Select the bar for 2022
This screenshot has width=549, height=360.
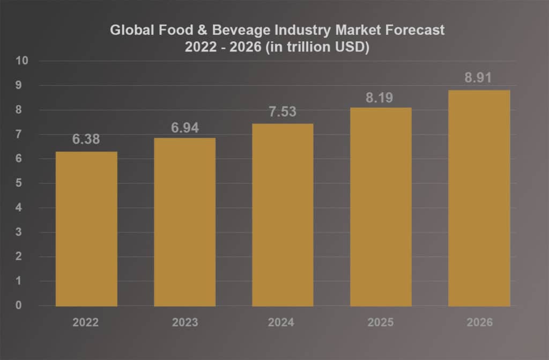86,229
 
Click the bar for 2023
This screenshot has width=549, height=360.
184,222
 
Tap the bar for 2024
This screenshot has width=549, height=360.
283,215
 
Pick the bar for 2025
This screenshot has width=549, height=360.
381,207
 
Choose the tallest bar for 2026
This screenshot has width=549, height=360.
479,199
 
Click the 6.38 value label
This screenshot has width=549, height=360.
86,139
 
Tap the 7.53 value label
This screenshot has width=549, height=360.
283,112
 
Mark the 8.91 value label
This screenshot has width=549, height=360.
479,78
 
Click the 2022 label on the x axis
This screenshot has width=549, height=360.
86,322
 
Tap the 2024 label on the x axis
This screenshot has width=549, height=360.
283,322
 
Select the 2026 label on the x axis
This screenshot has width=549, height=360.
479,322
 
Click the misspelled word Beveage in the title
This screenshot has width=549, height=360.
225,30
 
